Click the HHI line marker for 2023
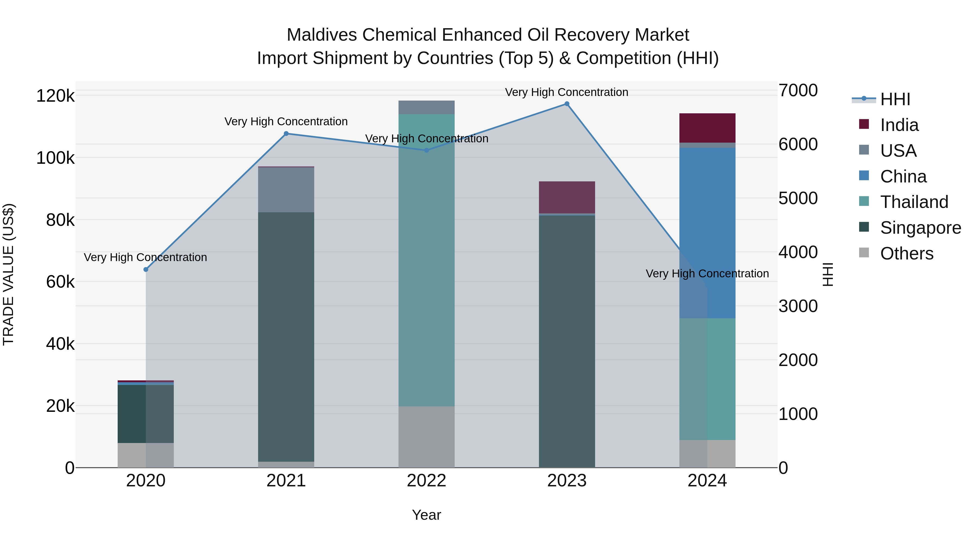[x=567, y=104]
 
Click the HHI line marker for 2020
[x=146, y=269]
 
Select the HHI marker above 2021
[x=286, y=134]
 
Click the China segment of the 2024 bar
[x=707, y=233]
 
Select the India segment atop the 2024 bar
[x=707, y=128]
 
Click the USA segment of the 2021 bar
[x=286, y=190]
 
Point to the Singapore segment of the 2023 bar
[x=567, y=341]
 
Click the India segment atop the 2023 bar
[x=567, y=197]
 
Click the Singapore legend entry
[x=920, y=228]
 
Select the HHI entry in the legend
[x=895, y=99]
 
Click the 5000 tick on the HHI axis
[x=798, y=198]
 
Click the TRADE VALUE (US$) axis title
[x=8, y=274]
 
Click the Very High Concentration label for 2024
[x=707, y=274]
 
